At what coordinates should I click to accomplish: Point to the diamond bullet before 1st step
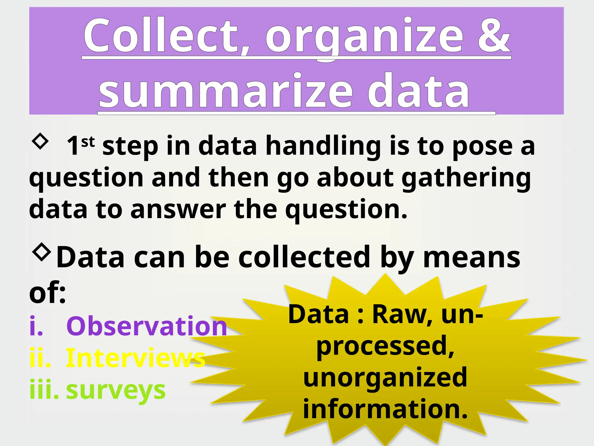point(40,141)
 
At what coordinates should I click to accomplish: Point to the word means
point(472,257)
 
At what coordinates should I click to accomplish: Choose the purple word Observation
point(146,326)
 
